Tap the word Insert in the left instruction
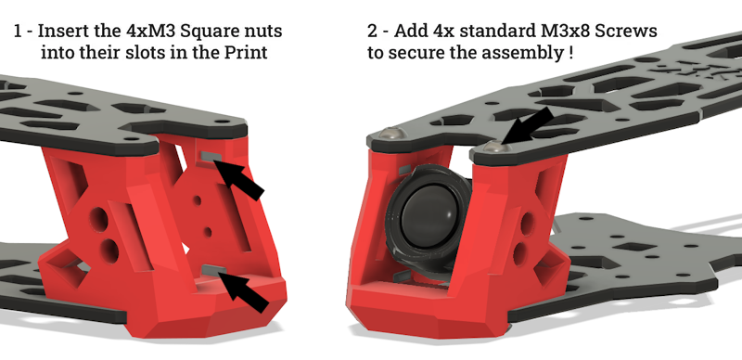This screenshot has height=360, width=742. [x=57, y=31]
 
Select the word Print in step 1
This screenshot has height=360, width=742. [x=246, y=52]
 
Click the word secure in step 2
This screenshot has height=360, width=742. [x=416, y=53]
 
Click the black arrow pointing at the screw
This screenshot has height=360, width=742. [x=527, y=124]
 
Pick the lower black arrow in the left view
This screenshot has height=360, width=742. [x=244, y=290]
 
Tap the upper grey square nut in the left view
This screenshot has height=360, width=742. [x=211, y=156]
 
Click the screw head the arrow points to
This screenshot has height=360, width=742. [x=496, y=148]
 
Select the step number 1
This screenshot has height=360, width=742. [x=18, y=31]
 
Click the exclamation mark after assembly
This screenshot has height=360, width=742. [x=570, y=52]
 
